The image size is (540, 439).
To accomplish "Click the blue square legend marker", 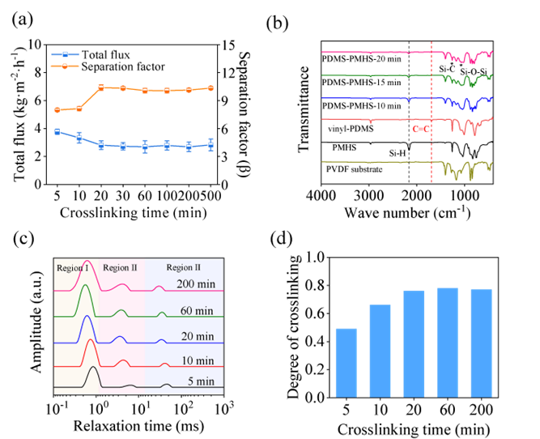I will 65,55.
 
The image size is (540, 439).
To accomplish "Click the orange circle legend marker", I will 65,66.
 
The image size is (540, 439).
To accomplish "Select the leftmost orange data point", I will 57,109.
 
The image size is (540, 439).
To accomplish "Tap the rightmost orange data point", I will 211,87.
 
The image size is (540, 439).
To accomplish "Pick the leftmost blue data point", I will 57,131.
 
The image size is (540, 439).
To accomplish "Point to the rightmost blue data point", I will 211,144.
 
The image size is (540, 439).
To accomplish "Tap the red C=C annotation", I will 421,128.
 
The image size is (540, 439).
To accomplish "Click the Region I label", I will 73,268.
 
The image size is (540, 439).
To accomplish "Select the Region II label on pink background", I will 121,268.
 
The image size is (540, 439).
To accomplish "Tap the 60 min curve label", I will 197,311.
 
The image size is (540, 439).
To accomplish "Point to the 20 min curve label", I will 197,336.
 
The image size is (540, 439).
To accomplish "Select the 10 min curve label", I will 197,360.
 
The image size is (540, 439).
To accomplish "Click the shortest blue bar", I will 346,362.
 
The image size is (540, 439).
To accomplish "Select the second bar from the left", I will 380,350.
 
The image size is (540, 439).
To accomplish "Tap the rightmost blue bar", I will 481,343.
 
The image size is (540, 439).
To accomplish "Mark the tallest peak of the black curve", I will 93,369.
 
